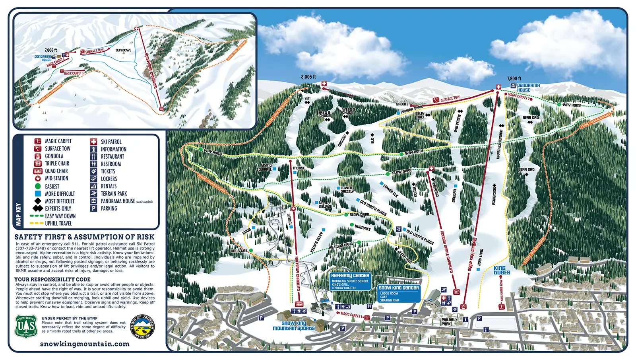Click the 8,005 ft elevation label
[x=308, y=77]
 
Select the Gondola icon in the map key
[x=38, y=156]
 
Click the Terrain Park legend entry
[x=114, y=194]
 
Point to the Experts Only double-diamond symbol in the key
[x=38, y=208]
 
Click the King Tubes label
[x=502, y=270]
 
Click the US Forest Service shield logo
[x=26, y=326]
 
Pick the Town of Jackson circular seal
[x=142, y=327]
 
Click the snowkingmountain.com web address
[x=85, y=344]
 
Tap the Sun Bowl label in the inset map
[x=123, y=50]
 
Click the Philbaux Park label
[x=449, y=321]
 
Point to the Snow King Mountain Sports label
[x=294, y=326]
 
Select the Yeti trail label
[x=307, y=98]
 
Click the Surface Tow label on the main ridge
[x=450, y=99]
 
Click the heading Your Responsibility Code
[x=52, y=279]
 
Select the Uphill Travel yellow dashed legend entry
[x=58, y=224]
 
